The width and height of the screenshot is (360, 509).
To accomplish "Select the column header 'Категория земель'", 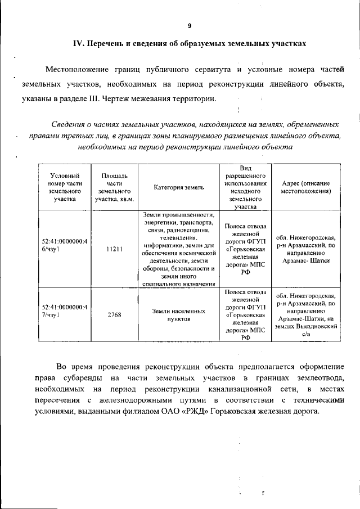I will pyautogui.click(x=177, y=187).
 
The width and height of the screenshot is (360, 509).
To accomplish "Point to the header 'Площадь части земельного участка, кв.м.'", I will pyautogui.click(x=114, y=187).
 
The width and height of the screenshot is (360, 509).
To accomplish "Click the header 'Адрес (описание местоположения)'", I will pyautogui.click(x=306, y=187).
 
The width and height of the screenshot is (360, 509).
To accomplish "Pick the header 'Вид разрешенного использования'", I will pyautogui.click(x=245, y=187).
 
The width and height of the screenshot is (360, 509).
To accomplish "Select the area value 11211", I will pyautogui.click(x=114, y=249).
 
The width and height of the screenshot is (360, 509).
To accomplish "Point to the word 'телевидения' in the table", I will pyautogui.click(x=177, y=238).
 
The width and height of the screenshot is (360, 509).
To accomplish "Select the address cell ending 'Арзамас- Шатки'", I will pyautogui.click(x=306, y=249).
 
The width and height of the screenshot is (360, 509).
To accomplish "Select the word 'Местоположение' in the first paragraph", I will pyautogui.click(x=75, y=70).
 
